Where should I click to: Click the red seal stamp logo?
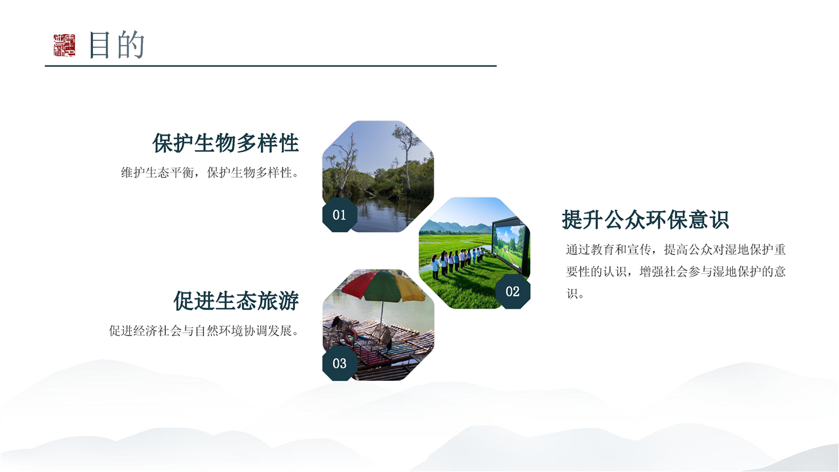click(64, 45)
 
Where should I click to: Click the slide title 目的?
click(117, 45)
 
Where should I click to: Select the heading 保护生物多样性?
click(225, 143)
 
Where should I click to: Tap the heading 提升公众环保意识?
click(646, 220)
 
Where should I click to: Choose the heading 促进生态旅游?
click(236, 301)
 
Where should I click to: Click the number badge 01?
click(340, 214)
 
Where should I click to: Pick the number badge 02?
click(513, 292)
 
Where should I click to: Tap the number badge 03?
click(340, 363)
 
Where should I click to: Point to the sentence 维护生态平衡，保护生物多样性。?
click(210, 172)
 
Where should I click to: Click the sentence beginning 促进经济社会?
click(205, 331)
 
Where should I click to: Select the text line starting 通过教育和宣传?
click(676, 250)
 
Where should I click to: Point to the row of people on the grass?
click(458, 262)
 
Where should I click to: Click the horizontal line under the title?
click(271, 66)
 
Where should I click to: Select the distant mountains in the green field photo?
click(456, 227)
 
